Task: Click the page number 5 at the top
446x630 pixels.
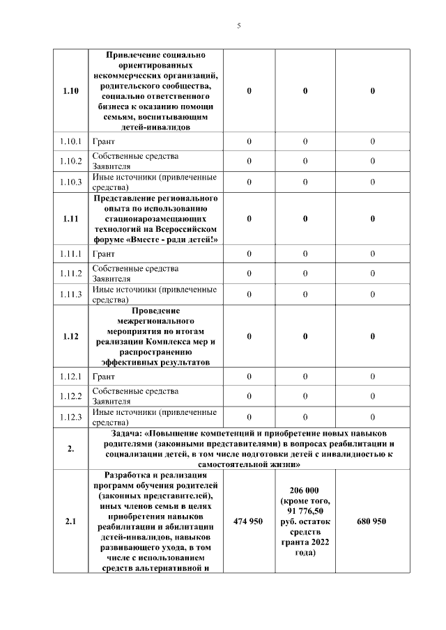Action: click(x=238, y=26)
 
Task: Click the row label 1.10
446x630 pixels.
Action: click(x=71, y=91)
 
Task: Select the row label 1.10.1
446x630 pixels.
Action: click(x=71, y=141)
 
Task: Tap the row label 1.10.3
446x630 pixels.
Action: click(x=71, y=182)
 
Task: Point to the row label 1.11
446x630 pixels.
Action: click(x=71, y=219)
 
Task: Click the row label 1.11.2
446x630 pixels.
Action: click(x=71, y=273)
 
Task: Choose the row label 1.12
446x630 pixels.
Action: click(x=71, y=336)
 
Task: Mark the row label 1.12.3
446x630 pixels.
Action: click(x=71, y=417)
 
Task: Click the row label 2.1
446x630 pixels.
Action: click(x=71, y=521)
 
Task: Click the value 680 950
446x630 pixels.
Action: click(x=372, y=521)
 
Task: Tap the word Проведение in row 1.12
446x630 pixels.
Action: click(x=155, y=310)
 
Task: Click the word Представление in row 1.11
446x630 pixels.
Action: click(x=125, y=198)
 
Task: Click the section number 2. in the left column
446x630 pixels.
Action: click(x=71, y=448)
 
